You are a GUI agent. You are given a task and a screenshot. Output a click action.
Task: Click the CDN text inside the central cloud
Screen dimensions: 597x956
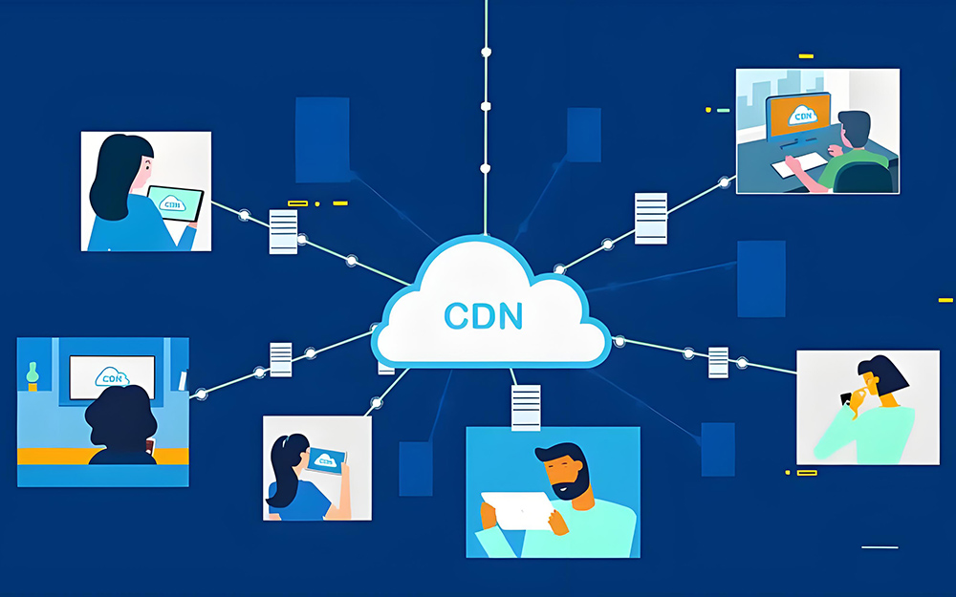484,315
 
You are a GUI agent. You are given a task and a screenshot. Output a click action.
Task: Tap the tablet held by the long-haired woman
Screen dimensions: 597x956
176,203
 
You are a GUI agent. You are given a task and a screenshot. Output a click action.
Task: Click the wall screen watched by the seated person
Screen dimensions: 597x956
111,374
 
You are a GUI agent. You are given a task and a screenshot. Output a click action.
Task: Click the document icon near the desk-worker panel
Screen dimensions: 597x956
651,218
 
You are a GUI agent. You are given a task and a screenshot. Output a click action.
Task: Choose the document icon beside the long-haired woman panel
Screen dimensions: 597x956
283,232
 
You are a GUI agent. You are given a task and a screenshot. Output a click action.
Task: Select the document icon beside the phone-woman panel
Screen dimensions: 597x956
718,361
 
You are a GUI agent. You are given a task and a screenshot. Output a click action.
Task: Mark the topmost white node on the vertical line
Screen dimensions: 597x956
486,51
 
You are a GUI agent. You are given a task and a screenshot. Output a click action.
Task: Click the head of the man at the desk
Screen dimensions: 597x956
855,128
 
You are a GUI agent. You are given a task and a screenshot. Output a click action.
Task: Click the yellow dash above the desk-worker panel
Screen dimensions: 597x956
806,57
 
